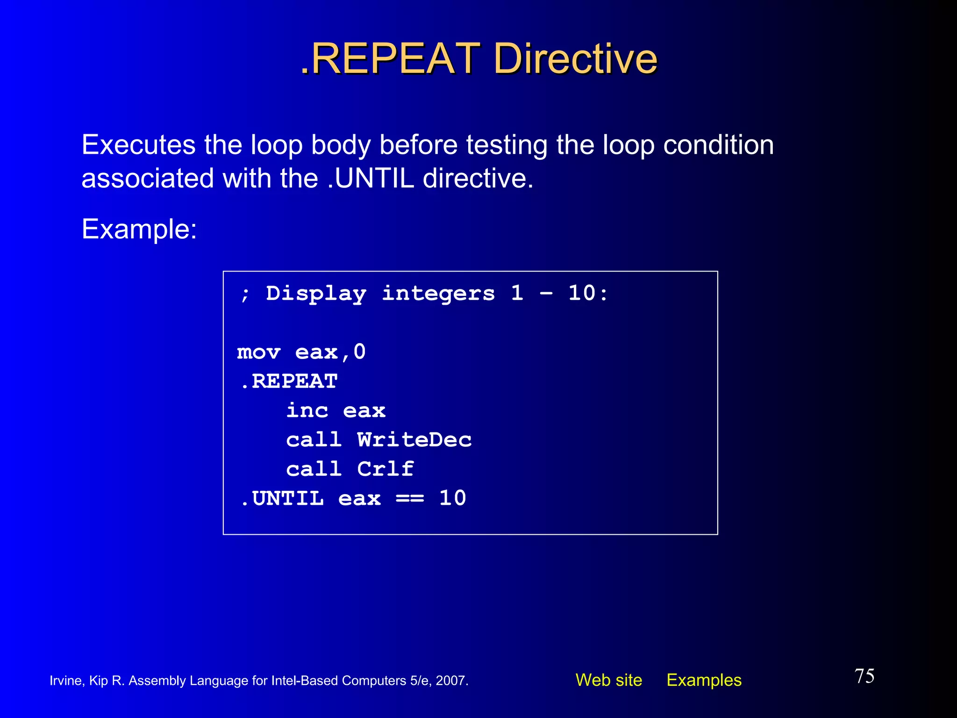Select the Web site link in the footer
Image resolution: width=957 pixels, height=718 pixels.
tap(608, 680)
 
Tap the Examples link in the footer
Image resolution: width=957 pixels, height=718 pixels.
tap(704, 680)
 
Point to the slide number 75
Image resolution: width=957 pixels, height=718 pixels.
tap(864, 676)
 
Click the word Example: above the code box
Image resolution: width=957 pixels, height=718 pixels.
tap(139, 229)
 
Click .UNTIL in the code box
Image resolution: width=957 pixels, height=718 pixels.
tap(282, 498)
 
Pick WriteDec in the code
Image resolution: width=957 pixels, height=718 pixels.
tap(414, 440)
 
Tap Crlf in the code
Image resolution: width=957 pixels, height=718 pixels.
tap(386, 469)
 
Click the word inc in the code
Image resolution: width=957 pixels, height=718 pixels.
tap(307, 410)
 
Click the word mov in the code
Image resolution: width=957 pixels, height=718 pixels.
tap(258, 352)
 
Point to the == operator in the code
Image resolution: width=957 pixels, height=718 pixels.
tap(410, 499)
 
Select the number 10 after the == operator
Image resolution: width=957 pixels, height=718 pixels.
tap(452, 498)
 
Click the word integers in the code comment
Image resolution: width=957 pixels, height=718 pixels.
tap(438, 294)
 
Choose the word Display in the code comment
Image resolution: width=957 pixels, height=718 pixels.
tap(316, 294)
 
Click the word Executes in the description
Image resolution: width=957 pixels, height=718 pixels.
tap(138, 145)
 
